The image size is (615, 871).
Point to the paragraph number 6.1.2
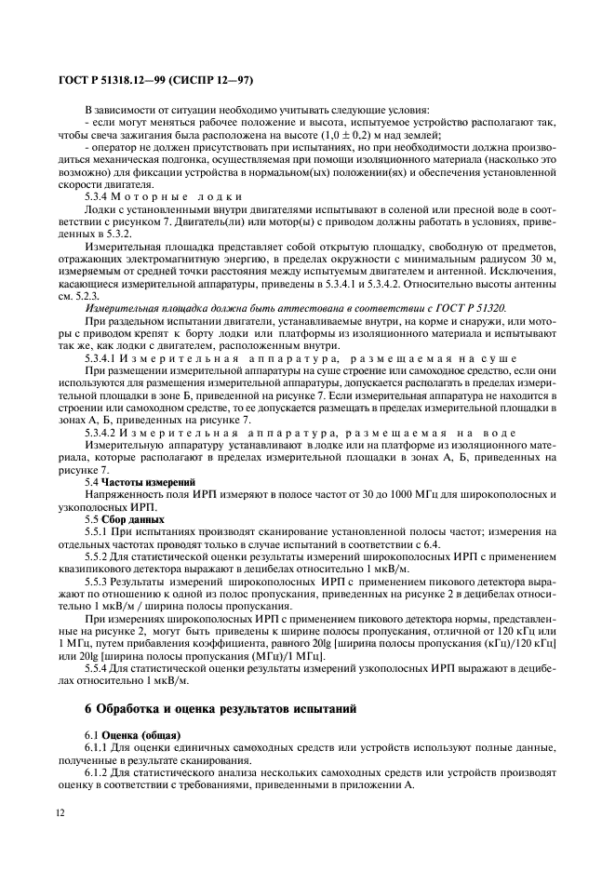pyautogui.click(x=99, y=773)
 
